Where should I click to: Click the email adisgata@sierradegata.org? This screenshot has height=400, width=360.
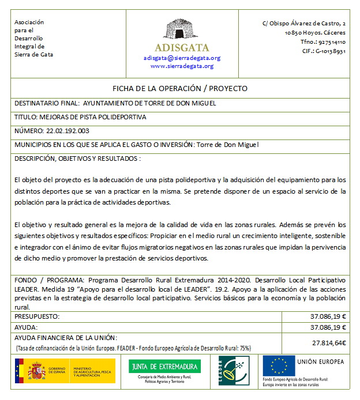(182, 58)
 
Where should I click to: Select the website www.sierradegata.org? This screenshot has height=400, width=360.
(182, 66)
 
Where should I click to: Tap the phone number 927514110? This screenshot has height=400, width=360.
(331, 42)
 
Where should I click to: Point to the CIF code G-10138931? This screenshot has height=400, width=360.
(331, 51)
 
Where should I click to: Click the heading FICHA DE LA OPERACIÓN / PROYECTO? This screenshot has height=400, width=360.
(180, 89)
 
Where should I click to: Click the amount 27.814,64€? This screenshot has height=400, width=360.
(328, 343)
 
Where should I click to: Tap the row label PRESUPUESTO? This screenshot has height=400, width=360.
(37, 316)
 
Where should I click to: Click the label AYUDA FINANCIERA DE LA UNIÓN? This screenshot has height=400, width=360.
(66, 338)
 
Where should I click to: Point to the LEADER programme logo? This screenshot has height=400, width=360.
(233, 369)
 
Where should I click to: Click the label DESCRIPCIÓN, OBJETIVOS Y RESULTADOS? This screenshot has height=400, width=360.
(77, 159)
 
